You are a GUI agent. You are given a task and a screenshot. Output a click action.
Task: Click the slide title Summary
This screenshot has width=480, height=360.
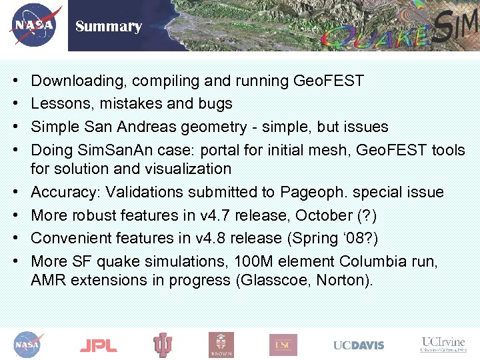coord(109,27)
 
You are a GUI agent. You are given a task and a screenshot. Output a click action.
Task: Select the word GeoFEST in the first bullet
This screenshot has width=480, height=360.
coord(329,81)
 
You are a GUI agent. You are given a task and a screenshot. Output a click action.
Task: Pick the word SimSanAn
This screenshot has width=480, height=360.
coord(108,149)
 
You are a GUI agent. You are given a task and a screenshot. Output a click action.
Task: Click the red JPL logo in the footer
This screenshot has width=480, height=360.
coord(98,345)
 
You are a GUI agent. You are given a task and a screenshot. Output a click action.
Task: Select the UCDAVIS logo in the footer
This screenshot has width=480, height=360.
coord(359,345)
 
